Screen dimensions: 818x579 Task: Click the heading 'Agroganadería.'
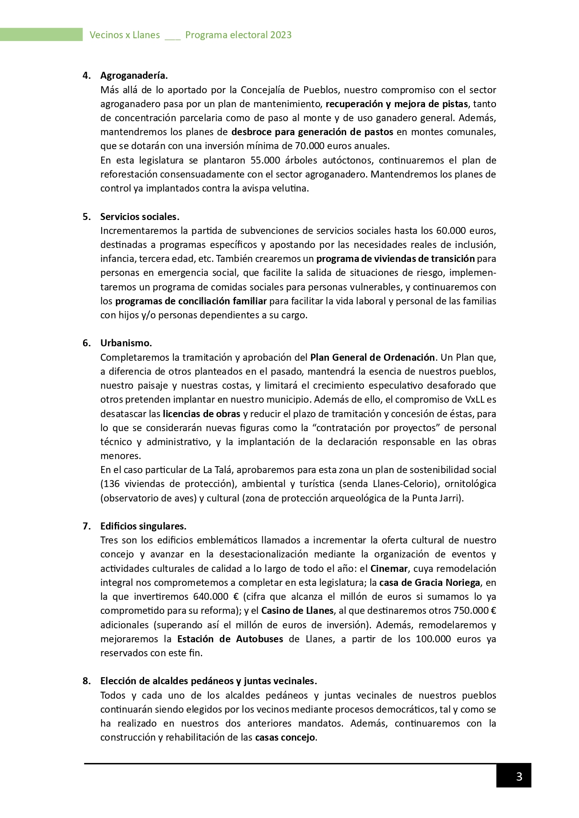(x=134, y=76)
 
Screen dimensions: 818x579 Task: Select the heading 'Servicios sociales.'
(x=140, y=217)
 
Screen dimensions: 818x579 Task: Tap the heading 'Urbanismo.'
(x=126, y=343)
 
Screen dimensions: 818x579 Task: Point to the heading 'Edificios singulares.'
(x=143, y=526)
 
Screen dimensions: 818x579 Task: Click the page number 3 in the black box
(x=519, y=777)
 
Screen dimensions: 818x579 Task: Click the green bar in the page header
(x=41, y=34)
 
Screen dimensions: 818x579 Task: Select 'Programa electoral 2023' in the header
(x=238, y=35)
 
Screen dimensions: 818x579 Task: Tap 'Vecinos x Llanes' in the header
(x=125, y=35)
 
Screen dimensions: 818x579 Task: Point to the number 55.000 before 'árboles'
(x=265, y=160)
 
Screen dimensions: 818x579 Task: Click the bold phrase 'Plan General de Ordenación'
(x=372, y=357)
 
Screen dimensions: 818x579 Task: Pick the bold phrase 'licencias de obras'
(x=202, y=414)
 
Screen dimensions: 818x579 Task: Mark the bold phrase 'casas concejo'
(x=285, y=738)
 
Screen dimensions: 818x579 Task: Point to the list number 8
(x=86, y=681)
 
